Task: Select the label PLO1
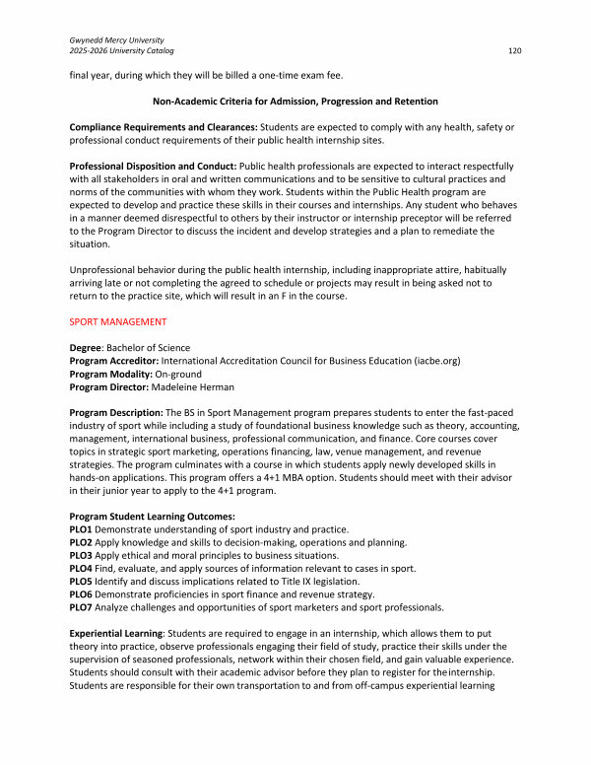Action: pyautogui.click(x=83, y=529)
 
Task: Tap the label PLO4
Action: pyautogui.click(x=83, y=568)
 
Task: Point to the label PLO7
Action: pyautogui.click(x=83, y=606)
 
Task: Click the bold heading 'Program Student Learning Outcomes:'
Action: pyautogui.click(x=152, y=517)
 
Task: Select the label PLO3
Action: pyautogui.click(x=83, y=555)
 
